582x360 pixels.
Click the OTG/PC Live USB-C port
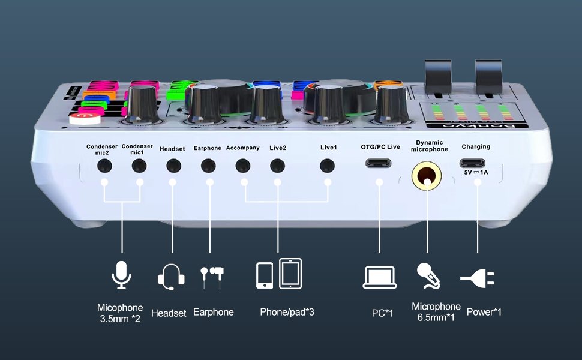point(379,163)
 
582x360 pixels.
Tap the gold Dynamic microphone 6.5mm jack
point(427,176)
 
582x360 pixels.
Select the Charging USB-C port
point(476,163)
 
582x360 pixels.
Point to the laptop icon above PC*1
point(379,277)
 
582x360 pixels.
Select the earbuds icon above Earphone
point(212,275)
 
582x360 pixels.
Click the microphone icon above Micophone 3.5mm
point(121,275)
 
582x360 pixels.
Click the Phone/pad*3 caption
point(287,312)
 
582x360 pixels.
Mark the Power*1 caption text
point(484,312)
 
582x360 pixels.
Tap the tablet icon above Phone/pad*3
point(290,274)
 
